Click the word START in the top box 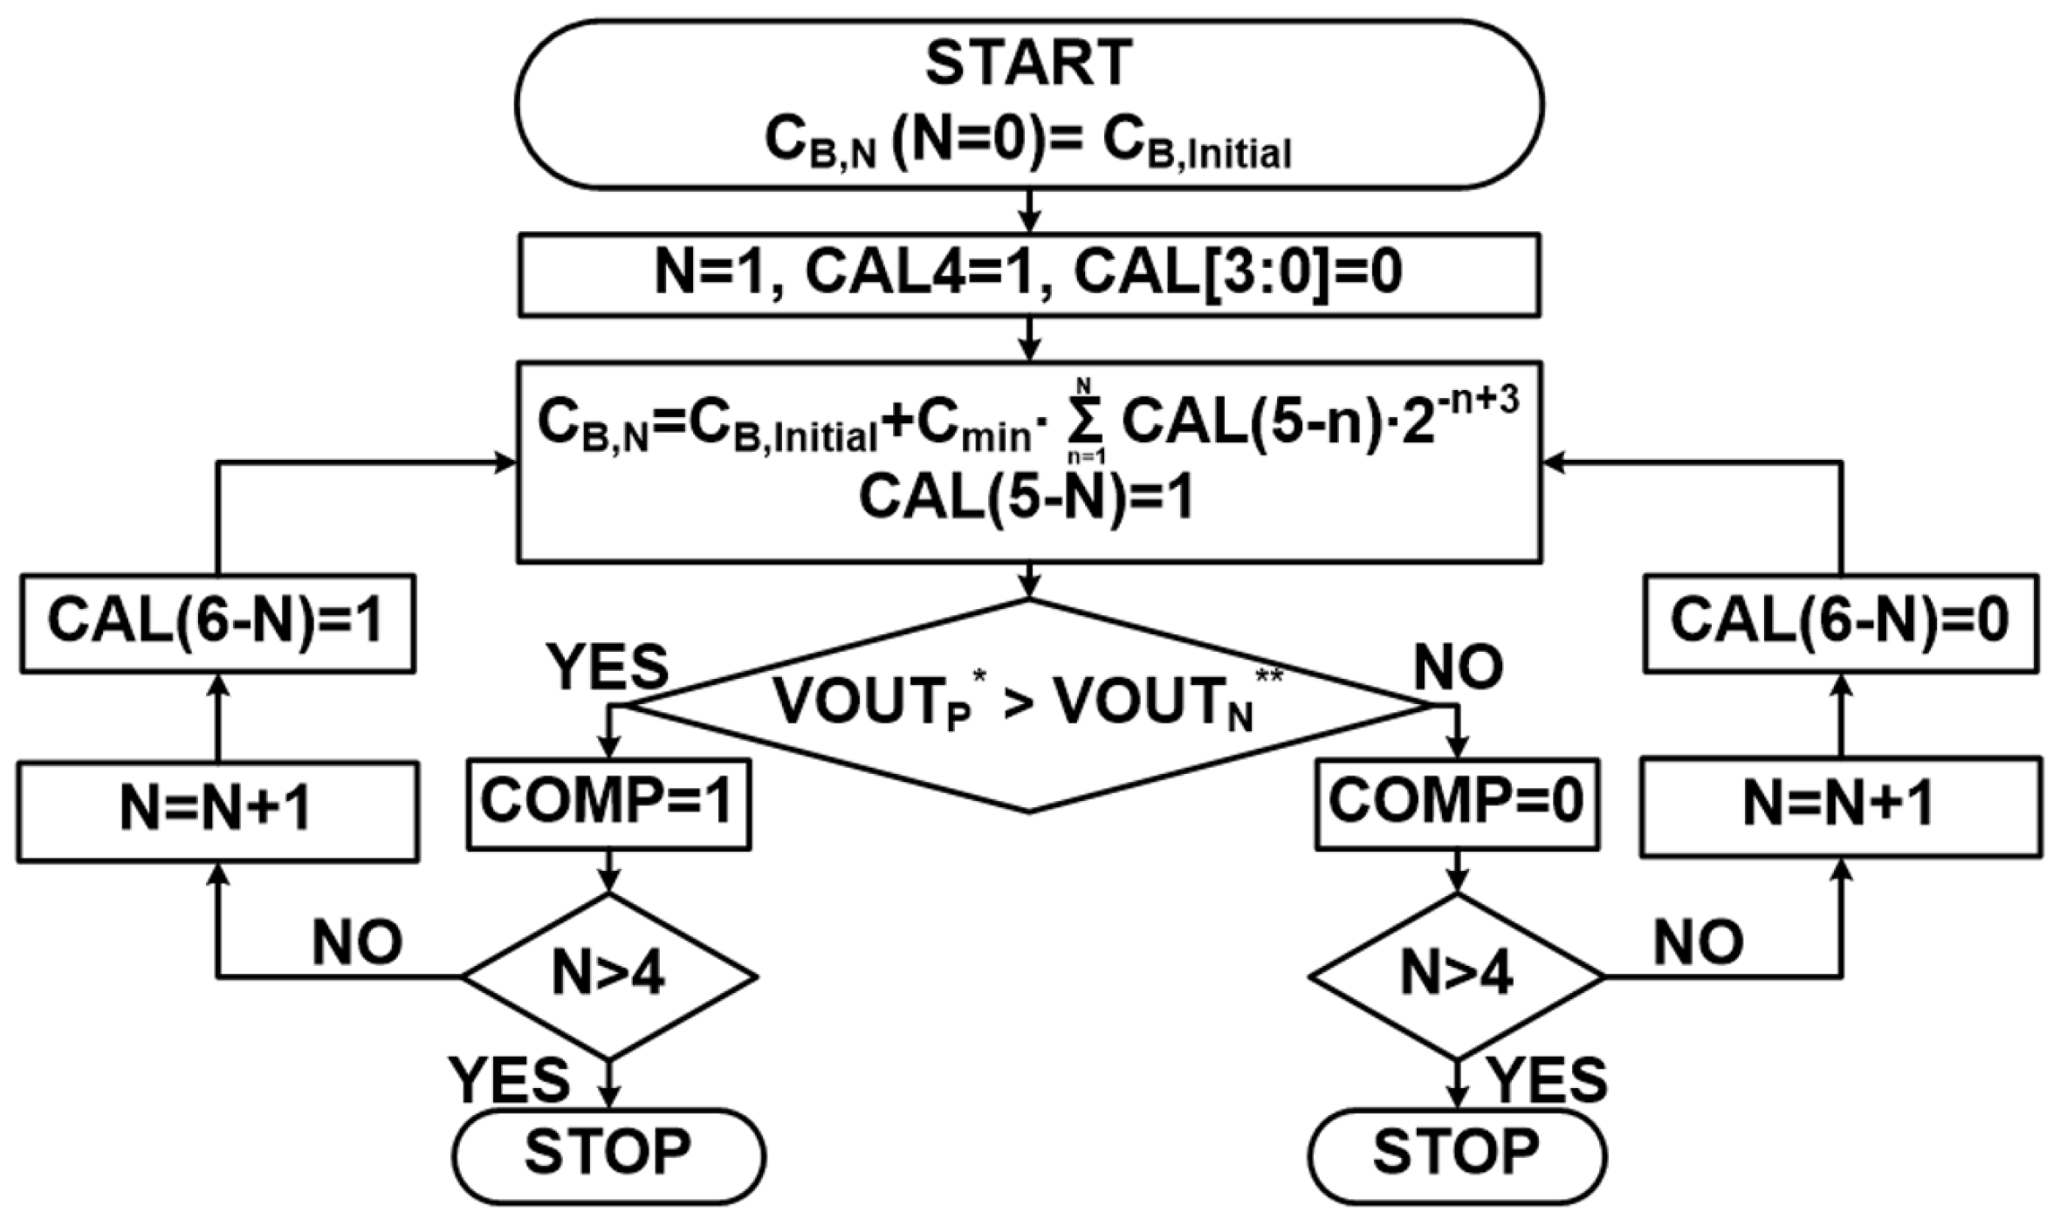tap(1028, 63)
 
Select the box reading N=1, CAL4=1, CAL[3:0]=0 tap(1028, 274)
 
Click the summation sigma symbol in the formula tap(1086, 424)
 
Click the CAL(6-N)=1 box tap(216, 622)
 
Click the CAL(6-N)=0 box tap(1840, 622)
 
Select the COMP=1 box tap(608, 803)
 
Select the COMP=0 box tap(1456, 803)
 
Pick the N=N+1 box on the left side tap(216, 811)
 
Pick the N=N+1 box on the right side tap(1840, 805)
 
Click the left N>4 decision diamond tap(608, 976)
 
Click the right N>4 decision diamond tap(1456, 976)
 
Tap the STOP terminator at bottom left tap(608, 1154)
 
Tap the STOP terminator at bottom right tap(1456, 1154)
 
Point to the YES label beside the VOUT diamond tap(607, 668)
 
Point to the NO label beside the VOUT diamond tap(1458, 668)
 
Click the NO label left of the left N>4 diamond tap(357, 943)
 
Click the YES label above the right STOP tap(1546, 1081)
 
